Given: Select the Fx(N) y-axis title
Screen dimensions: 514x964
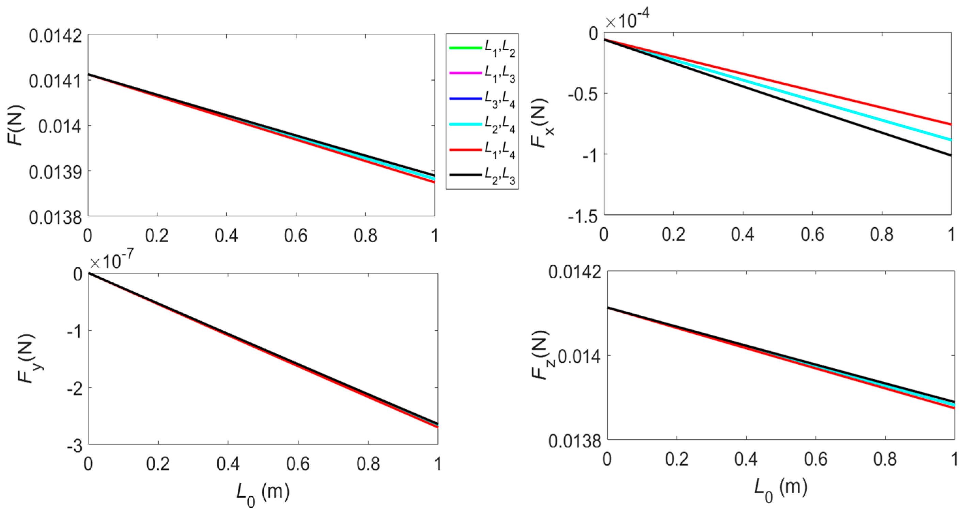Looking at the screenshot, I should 541,123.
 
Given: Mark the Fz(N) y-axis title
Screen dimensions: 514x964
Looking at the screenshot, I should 541,355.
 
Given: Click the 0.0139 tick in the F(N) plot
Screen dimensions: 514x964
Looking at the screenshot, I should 55,171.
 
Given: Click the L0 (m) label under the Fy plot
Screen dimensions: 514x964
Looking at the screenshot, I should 263,492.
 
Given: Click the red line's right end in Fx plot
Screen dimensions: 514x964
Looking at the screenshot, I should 949,124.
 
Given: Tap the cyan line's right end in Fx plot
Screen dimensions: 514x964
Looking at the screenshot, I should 949,139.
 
